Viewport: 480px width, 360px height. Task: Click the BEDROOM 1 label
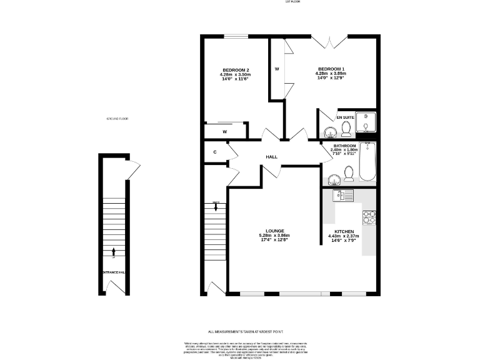click(x=331, y=69)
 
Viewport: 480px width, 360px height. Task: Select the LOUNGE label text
click(x=274, y=231)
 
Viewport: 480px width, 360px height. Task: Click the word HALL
click(x=271, y=157)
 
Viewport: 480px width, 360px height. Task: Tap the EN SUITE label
click(x=345, y=117)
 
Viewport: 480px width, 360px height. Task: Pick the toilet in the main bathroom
click(x=348, y=174)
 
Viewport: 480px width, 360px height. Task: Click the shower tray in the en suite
click(x=366, y=124)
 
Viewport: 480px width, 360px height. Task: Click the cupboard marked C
click(x=214, y=152)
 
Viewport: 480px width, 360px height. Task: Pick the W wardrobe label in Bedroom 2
click(x=224, y=132)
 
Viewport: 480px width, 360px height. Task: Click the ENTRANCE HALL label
click(x=113, y=272)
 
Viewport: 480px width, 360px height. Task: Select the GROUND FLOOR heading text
click(x=117, y=118)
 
